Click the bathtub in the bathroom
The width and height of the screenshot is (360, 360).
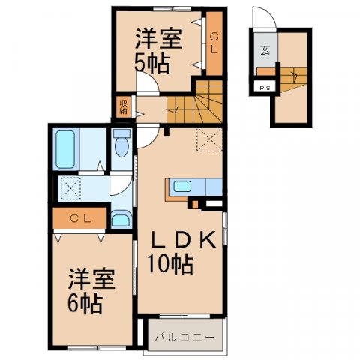tap(65, 149)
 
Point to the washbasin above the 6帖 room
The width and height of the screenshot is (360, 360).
tap(120, 219)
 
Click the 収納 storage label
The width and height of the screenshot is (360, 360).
tap(122, 106)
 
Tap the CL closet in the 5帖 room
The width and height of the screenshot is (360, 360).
tap(214, 44)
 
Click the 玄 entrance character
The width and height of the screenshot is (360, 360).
tap(265, 50)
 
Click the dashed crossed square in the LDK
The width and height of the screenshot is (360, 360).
tap(209, 139)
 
